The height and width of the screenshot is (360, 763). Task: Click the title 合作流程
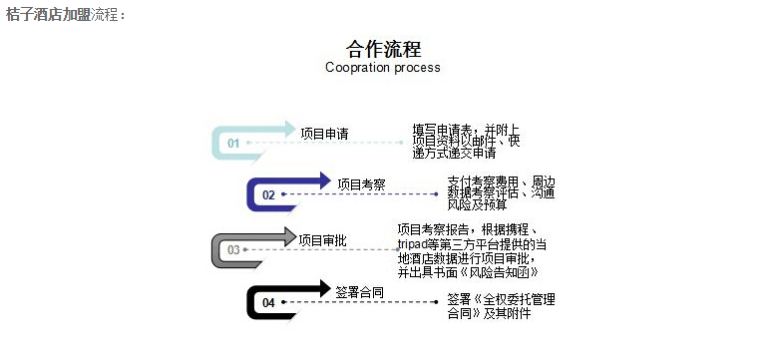[383, 49]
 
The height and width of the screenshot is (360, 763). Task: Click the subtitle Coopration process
[382, 68]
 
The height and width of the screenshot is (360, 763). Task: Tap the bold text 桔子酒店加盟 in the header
[48, 15]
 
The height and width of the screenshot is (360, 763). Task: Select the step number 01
[233, 143]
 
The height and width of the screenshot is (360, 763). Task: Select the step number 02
[268, 195]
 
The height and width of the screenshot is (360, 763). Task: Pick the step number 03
[233, 249]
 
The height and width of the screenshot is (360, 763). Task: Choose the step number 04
[268, 302]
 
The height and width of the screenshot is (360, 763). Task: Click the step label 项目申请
[324, 134]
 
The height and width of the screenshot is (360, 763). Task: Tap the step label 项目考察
[360, 184]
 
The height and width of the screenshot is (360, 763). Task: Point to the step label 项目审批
[323, 239]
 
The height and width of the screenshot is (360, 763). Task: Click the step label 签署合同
[359, 292]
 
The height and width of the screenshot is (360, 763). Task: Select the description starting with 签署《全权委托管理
[501, 305]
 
